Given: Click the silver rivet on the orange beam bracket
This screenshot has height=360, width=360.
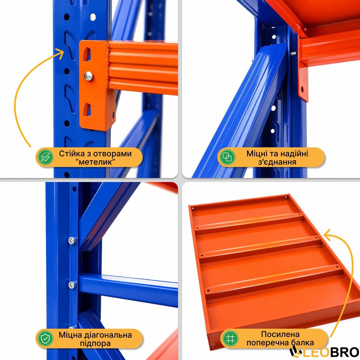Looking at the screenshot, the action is coord(88,76).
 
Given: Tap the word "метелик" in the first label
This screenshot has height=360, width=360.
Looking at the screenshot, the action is coord(95,162).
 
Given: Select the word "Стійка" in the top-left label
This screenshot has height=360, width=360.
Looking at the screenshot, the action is coord(69,154).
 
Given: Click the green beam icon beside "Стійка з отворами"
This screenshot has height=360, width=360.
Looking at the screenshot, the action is coord(45,157).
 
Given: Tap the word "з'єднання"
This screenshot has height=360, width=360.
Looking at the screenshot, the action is coord(277,162).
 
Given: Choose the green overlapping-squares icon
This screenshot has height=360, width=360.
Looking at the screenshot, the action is coord(227,157).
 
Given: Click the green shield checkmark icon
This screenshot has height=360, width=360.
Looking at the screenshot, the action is coord(45,338).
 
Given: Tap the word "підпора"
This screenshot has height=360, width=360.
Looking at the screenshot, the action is coord(95,343).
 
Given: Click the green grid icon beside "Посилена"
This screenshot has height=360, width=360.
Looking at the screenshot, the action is coord(231,338).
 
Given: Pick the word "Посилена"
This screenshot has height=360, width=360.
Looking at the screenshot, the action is coord(280,334).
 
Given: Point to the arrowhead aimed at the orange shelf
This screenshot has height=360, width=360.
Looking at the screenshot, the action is coord(328,235).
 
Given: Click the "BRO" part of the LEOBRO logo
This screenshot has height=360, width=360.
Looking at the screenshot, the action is coord(345,352).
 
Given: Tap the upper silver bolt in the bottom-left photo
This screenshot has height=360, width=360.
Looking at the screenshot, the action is coord(72,241).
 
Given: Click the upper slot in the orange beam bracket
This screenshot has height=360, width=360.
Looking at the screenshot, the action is coord(87,54).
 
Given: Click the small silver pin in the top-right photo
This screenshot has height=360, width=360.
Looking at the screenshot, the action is coord(293,54).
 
